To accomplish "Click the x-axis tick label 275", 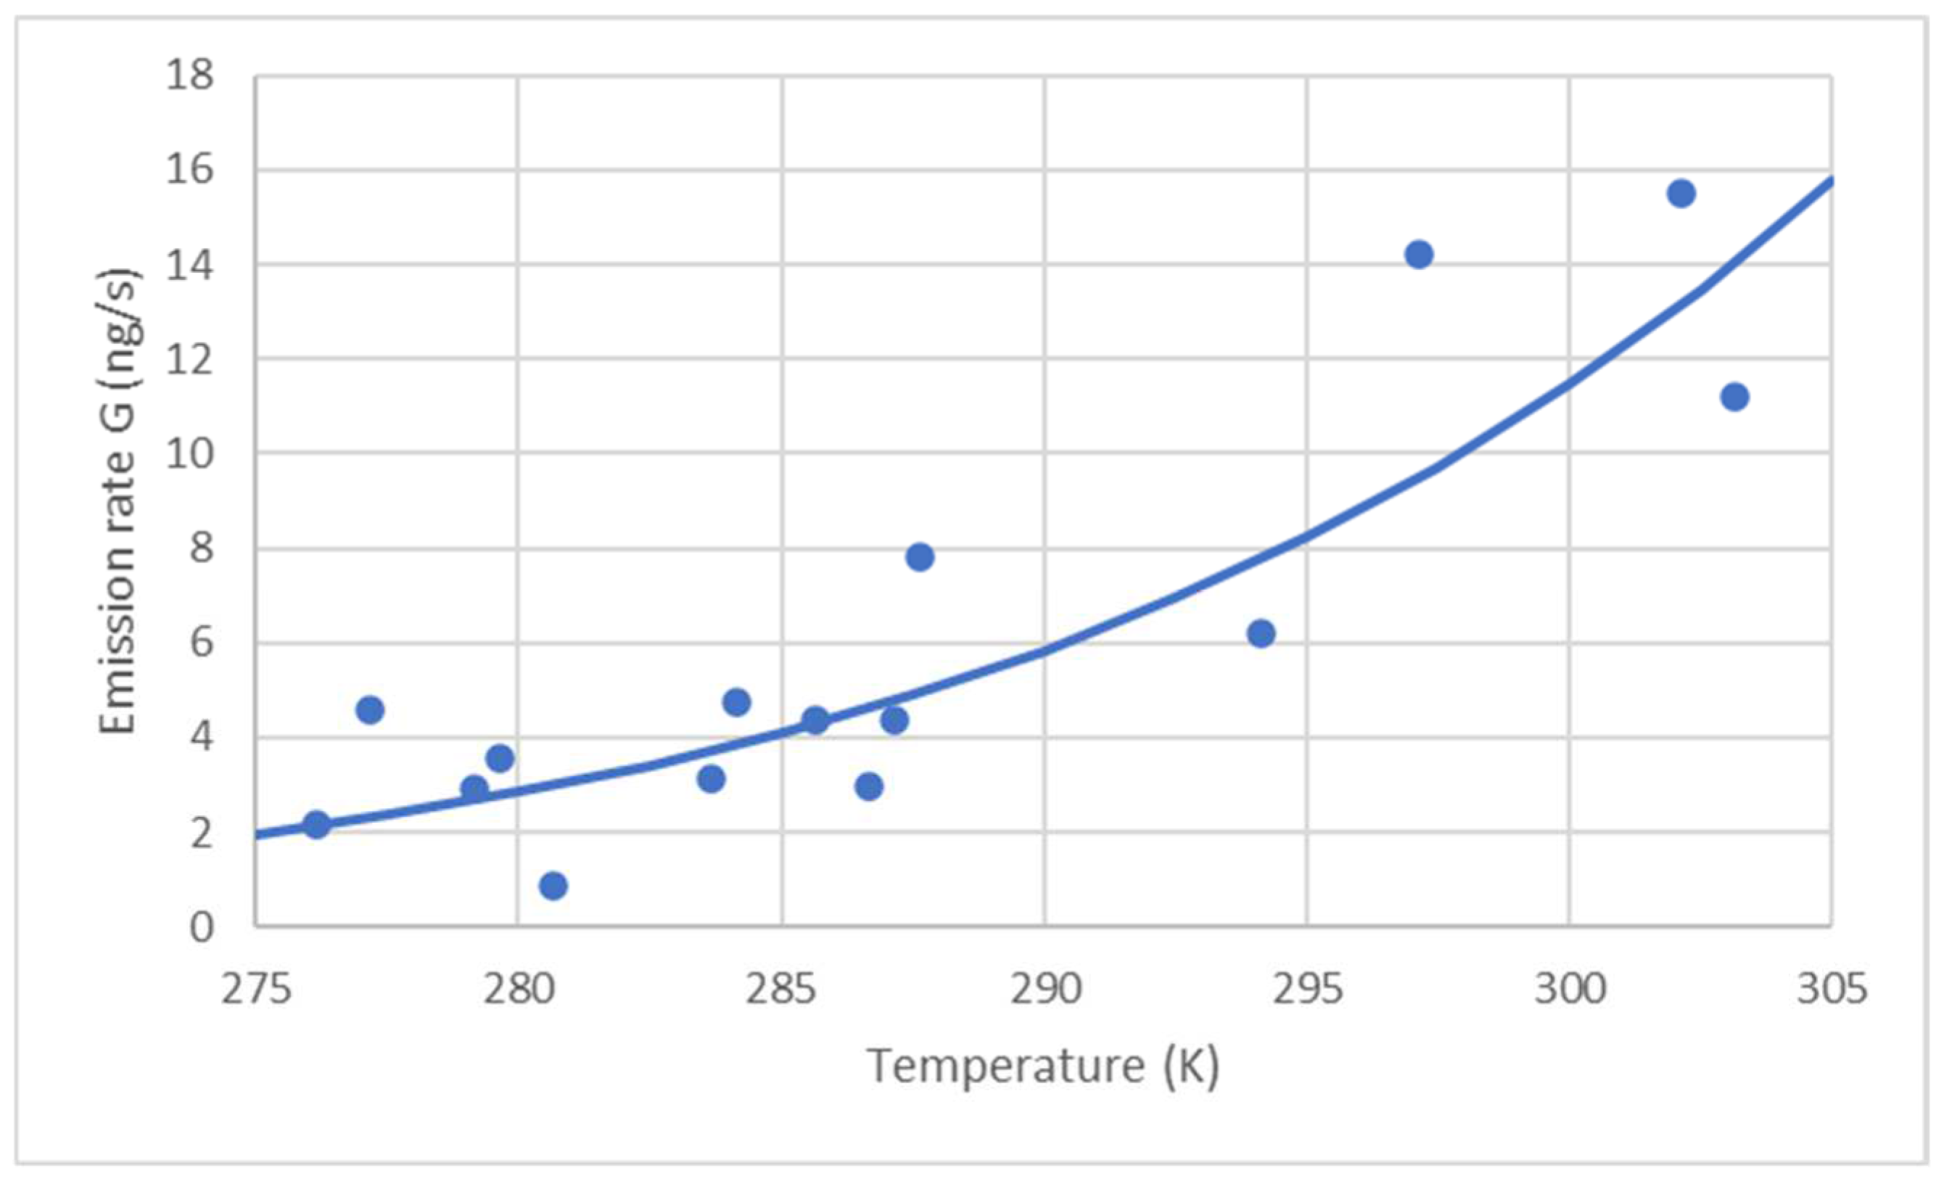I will point(256,989).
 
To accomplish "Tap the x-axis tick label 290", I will point(1045,989).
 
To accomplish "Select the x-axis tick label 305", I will point(1831,989).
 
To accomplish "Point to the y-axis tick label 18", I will point(189,76).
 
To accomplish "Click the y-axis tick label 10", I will point(189,454).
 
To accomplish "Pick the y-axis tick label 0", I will point(201,928).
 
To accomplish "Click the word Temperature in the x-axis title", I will point(1005,1066).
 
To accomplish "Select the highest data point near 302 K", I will point(1681,193).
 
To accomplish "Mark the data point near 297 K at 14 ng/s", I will point(1419,255).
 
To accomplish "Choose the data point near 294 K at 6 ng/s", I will point(1261,633).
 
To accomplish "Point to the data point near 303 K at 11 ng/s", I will point(1734,396).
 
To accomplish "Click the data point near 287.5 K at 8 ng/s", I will point(920,557).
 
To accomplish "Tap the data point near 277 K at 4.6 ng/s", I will point(369,710).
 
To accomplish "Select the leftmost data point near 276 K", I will point(316,826).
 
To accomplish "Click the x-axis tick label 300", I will point(1569,989).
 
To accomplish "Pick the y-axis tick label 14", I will point(189,266).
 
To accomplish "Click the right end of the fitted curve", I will point(1829,181).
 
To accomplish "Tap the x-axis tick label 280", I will point(519,989).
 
